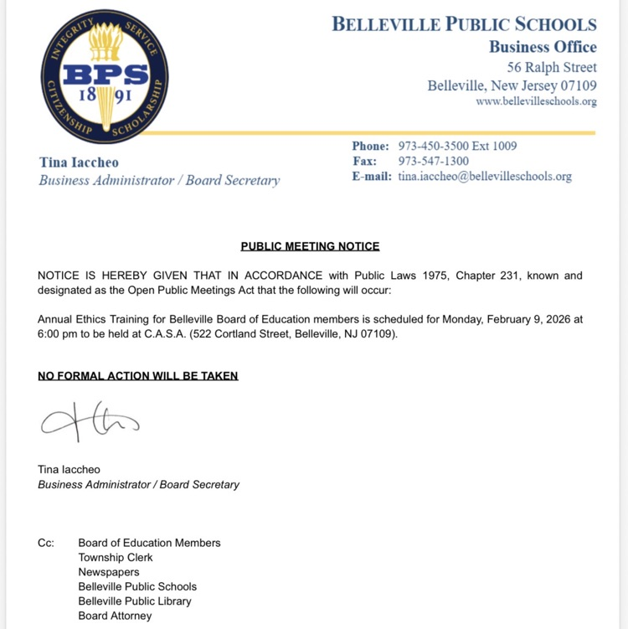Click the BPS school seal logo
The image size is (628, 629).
(104, 77)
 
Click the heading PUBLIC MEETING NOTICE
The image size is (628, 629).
(310, 246)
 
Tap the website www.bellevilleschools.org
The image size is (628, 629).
(536, 101)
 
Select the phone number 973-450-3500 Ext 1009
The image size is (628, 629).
(457, 146)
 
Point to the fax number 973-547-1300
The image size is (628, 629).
(433, 161)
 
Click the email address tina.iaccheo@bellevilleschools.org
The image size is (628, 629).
(485, 177)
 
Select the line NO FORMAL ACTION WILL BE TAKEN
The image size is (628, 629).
(138, 376)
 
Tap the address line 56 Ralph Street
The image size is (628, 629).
(552, 67)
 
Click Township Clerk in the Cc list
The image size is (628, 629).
(116, 558)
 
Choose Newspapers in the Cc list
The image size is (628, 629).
(109, 572)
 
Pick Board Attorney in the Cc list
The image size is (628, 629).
(115, 616)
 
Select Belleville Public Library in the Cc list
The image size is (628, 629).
(135, 601)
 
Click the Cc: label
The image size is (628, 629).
(46, 543)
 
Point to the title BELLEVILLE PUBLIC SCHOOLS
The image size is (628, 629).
(464, 24)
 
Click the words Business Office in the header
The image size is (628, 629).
(543, 47)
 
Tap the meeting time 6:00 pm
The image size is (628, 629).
(60, 334)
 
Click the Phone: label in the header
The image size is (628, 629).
(370, 146)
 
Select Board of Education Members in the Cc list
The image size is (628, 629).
(149, 543)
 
